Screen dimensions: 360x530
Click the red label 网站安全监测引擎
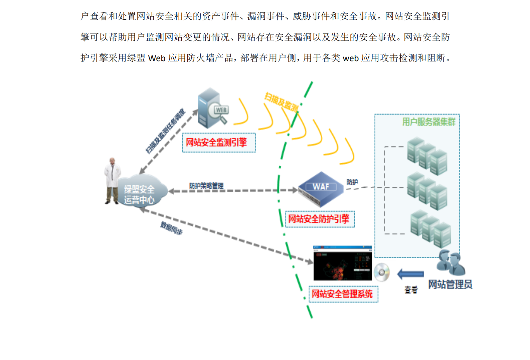[216, 143]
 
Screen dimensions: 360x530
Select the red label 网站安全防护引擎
[319, 219]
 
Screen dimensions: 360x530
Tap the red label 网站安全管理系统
[342, 294]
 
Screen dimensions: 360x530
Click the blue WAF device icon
[320, 189]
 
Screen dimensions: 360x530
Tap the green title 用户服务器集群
[428, 122]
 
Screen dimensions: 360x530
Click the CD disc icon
[382, 273]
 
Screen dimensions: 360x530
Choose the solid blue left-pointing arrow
[410, 274]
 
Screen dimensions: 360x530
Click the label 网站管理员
[450, 285]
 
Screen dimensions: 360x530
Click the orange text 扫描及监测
[281, 102]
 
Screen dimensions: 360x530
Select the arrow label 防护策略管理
[206, 186]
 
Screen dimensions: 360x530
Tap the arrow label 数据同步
[171, 228]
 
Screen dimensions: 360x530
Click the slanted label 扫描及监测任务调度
[165, 131]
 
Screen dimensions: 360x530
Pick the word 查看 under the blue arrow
[411, 290]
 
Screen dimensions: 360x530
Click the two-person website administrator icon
[451, 262]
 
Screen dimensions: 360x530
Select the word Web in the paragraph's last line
[157, 58]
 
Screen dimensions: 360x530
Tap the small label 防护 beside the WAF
[352, 182]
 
